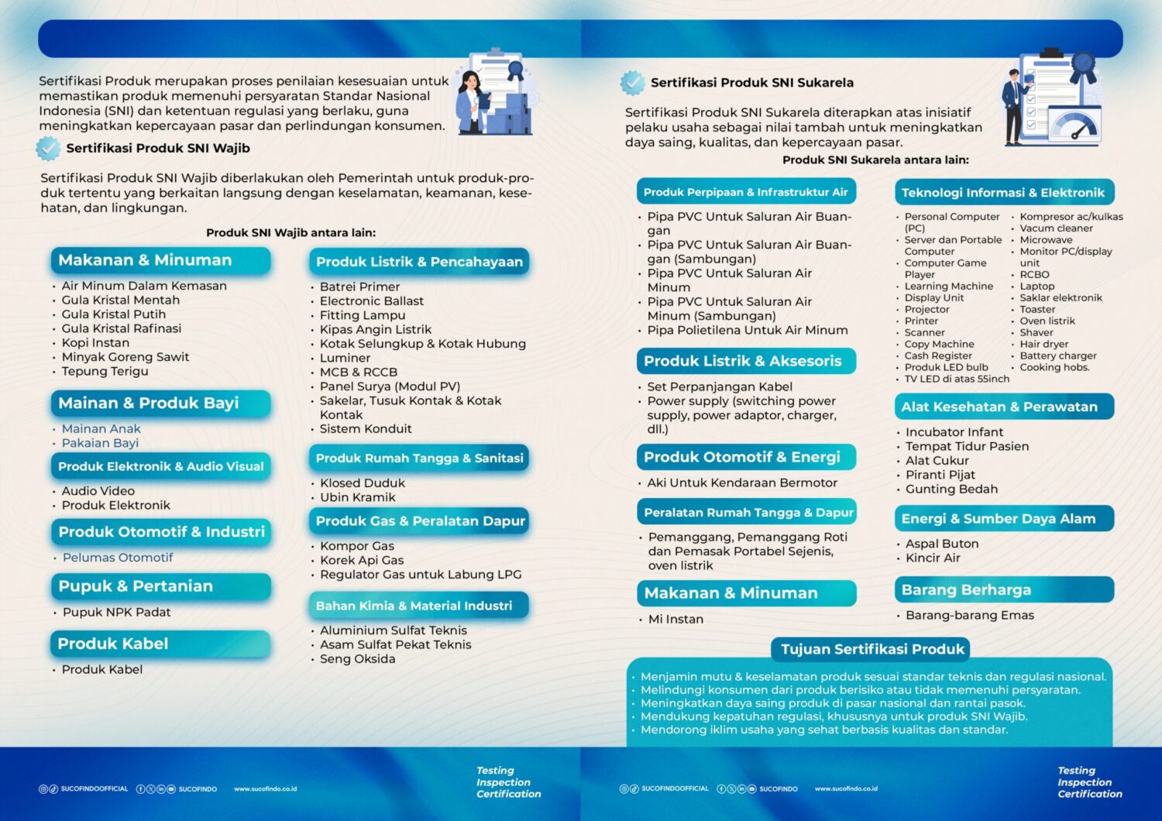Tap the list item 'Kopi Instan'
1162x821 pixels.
95,342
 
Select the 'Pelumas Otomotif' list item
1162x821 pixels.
118,558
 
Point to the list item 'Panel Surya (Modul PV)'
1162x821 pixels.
390,386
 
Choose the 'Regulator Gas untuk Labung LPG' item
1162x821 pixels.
421,575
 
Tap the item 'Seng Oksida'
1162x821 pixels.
357,659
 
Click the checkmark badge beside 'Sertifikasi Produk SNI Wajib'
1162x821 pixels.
48,148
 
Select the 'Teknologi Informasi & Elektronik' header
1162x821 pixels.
1003,192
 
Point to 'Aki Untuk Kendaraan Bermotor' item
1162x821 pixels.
742,483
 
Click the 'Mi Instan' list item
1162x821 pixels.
676,619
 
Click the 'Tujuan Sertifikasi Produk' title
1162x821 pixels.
872,649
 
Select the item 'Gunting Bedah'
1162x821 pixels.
951,489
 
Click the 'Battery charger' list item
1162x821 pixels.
1058,356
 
